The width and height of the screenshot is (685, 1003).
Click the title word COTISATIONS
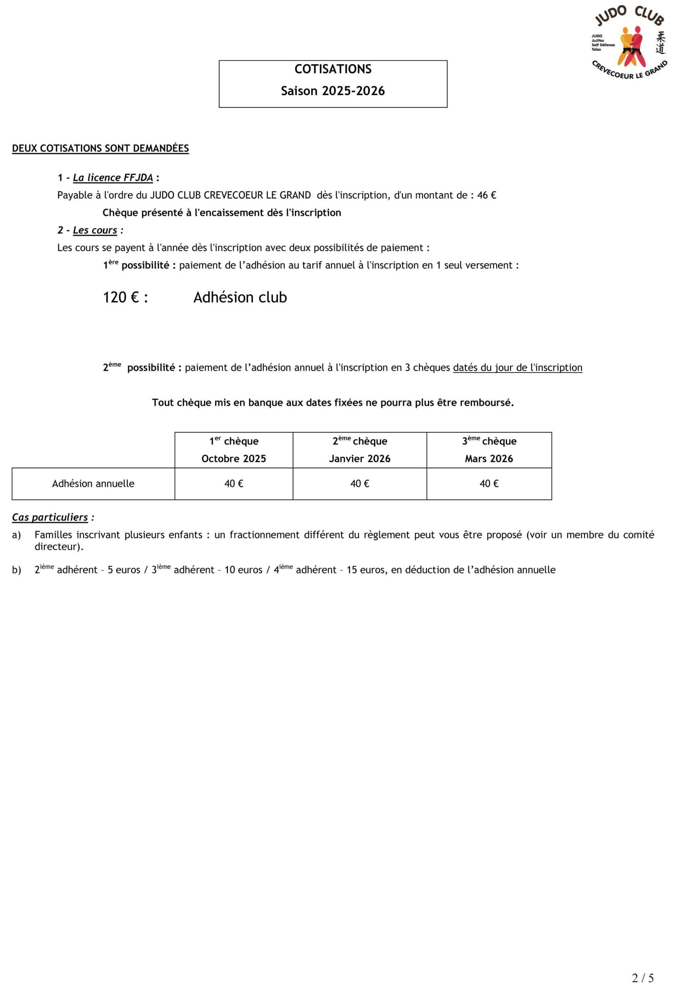(333, 69)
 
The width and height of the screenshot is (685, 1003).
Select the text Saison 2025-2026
(333, 91)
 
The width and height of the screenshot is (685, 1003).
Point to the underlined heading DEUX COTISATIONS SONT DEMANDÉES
(100, 148)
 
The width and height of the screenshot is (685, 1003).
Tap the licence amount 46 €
(486, 196)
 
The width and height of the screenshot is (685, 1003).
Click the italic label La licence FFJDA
(113, 178)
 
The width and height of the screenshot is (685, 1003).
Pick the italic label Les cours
(95, 230)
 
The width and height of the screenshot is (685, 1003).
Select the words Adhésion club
(240, 297)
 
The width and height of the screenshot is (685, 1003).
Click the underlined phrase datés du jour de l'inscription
(518, 368)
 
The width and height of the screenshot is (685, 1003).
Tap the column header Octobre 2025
(234, 459)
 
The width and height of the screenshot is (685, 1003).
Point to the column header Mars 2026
(489, 459)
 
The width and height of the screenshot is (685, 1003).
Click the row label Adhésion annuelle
(93, 484)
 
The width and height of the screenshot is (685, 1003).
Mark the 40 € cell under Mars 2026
(489, 484)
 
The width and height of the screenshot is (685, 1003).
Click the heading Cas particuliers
(50, 518)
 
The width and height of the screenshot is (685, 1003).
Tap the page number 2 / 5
(643, 978)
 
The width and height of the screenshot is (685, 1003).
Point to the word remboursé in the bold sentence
(490, 403)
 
